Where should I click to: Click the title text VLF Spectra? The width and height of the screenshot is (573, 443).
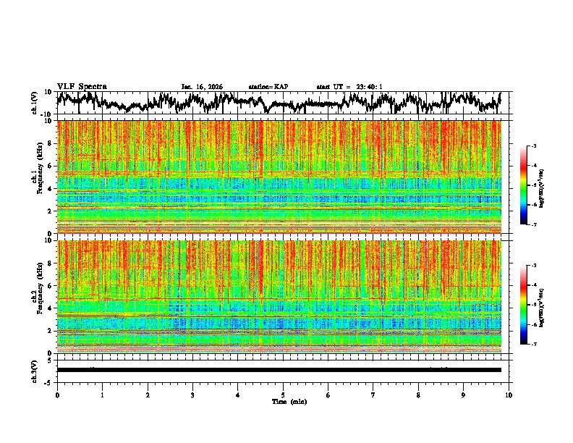tap(82, 86)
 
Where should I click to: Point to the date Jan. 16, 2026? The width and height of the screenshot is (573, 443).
tap(202, 87)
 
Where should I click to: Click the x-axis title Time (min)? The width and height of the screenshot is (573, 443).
tap(283, 401)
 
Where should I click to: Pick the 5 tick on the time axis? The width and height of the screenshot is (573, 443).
tap(283, 395)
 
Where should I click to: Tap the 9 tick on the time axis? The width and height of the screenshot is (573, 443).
tap(464, 395)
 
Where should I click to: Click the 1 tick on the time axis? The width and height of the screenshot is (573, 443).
tap(102, 395)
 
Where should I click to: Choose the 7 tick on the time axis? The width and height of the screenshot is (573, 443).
tap(373, 395)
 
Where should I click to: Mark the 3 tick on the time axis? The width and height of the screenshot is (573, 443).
tap(192, 395)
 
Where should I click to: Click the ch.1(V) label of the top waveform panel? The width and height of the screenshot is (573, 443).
tap(35, 103)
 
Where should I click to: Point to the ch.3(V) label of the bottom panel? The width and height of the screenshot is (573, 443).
tap(35, 370)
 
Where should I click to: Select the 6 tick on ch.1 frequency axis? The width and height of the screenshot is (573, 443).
tap(49, 166)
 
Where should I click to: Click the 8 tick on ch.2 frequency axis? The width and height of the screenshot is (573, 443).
tap(49, 263)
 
